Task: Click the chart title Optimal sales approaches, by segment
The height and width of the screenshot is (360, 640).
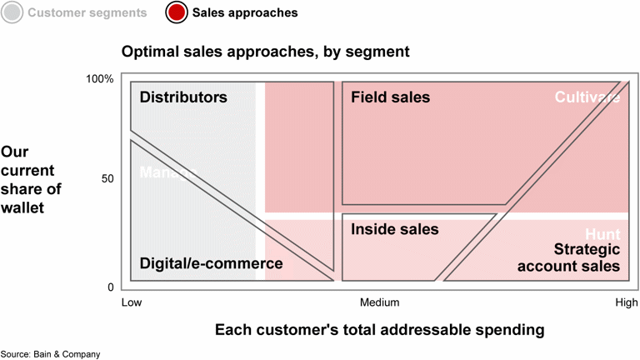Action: click(x=266, y=52)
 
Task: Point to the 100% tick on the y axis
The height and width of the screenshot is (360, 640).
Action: click(x=100, y=79)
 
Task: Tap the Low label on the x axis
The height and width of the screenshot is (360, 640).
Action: click(x=132, y=302)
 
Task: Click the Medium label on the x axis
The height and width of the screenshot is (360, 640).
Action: click(x=379, y=302)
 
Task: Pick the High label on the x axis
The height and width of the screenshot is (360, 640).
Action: click(x=626, y=302)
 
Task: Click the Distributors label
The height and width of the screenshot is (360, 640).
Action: click(x=183, y=97)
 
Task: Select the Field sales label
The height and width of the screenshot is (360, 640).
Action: click(x=390, y=97)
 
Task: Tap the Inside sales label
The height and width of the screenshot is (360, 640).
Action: click(x=394, y=228)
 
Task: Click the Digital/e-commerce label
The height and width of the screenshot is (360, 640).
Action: click(x=211, y=264)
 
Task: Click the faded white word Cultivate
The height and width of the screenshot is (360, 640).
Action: click(x=588, y=97)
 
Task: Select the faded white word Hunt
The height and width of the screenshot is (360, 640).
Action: click(x=602, y=234)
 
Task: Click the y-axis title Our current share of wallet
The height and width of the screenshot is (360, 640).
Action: click(x=32, y=180)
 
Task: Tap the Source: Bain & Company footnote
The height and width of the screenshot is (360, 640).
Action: click(x=50, y=354)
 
